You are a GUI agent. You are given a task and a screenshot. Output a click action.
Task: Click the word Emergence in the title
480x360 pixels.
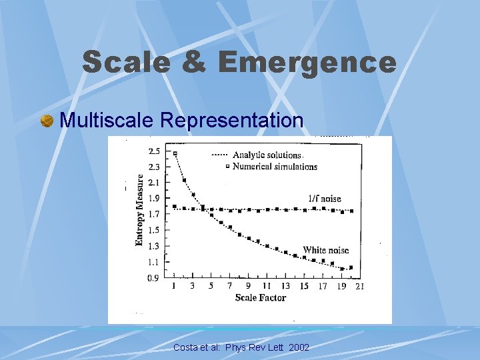pyautogui.click(x=307, y=62)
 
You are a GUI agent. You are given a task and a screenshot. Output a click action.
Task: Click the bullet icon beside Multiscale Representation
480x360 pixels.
pyautogui.click(x=47, y=121)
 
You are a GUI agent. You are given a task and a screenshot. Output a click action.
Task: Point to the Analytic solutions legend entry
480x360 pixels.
pyautogui.click(x=267, y=155)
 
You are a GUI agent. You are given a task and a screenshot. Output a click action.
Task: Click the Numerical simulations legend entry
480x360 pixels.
pyautogui.click(x=274, y=166)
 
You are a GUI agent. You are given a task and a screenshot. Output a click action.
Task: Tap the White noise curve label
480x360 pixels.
pyautogui.click(x=326, y=250)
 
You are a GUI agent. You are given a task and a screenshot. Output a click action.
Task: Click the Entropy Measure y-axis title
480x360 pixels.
pyautogui.click(x=140, y=210)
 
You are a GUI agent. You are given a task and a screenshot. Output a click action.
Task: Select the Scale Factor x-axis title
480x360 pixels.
pyautogui.click(x=260, y=297)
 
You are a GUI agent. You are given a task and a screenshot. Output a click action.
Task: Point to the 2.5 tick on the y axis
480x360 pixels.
pyautogui.click(x=154, y=151)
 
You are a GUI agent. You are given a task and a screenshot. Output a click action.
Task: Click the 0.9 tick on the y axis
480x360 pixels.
pyautogui.click(x=154, y=278)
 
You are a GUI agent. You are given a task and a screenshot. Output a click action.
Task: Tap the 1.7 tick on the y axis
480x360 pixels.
pyautogui.click(x=154, y=215)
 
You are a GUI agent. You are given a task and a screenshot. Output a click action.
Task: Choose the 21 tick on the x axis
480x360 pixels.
pyautogui.click(x=359, y=286)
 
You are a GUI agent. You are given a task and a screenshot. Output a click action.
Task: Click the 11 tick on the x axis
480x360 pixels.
pyautogui.click(x=267, y=286)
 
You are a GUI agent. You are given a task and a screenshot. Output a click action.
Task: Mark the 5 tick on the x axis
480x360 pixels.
pyautogui.click(x=211, y=286)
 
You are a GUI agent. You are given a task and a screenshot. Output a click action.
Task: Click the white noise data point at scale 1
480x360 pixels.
pyautogui.click(x=175, y=153)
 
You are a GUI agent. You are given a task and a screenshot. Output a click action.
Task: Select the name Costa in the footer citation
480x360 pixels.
pyautogui.click(x=186, y=347)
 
